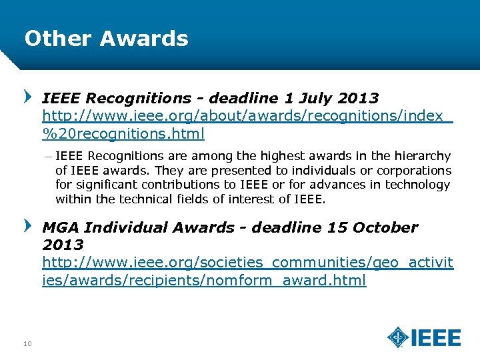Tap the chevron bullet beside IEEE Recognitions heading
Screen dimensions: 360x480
(28, 97)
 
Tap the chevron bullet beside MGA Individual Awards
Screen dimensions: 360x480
(28, 226)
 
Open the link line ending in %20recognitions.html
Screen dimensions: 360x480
(123, 133)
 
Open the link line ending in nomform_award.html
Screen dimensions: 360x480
(204, 280)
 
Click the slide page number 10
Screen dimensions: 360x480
(27, 343)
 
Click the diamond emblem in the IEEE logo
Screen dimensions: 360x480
(398, 337)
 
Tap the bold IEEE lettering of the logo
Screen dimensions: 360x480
(435, 338)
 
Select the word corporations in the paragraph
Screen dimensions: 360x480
(415, 171)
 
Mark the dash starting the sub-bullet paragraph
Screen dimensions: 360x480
(48, 156)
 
